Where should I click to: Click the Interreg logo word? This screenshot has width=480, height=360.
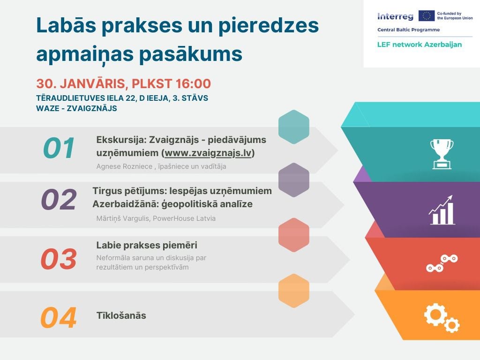[x=395, y=16]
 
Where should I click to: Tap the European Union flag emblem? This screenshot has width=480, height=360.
[x=427, y=15]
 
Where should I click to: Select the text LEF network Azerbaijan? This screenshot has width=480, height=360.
[x=420, y=45]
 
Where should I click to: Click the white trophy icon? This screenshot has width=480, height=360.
[x=442, y=154]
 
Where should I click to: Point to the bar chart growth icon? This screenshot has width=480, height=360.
[x=442, y=210]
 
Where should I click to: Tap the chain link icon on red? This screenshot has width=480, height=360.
[x=442, y=263]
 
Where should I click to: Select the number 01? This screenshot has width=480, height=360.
[x=59, y=148]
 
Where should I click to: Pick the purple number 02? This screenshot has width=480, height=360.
[x=59, y=199]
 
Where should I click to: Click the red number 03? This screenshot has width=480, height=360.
[x=59, y=259]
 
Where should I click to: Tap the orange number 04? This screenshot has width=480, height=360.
[x=59, y=318]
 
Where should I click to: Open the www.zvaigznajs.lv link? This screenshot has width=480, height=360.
[x=208, y=153]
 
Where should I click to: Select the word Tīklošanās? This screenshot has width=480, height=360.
[x=121, y=315]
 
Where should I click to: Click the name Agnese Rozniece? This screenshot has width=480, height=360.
[x=124, y=166]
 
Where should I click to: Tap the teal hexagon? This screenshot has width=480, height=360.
[x=294, y=127]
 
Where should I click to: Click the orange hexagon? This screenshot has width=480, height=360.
[x=294, y=291]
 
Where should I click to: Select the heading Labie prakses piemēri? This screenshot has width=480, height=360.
[x=147, y=245]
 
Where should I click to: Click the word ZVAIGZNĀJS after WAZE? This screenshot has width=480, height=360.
[x=92, y=108]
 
